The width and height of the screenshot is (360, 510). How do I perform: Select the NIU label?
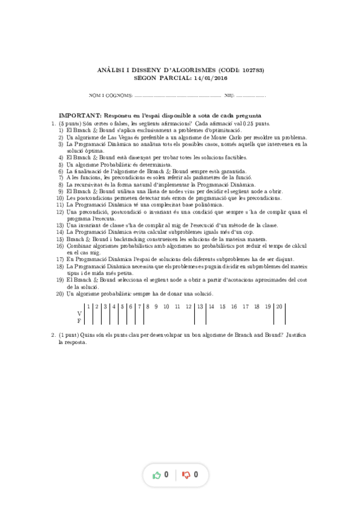pyautogui.click(x=229, y=96)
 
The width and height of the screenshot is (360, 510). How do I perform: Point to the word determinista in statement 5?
pyautogui.click(x=155, y=164)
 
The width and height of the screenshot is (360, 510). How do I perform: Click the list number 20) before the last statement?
pyautogui.click(x=60, y=293)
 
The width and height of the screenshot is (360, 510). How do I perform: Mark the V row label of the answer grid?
pyautogui.click(x=79, y=314)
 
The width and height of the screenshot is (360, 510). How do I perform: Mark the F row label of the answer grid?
pyautogui.click(x=79, y=321)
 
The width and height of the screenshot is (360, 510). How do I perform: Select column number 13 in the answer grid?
pyautogui.click(x=199, y=307)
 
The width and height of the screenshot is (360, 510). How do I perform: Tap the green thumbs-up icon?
pyautogui.click(x=157, y=475)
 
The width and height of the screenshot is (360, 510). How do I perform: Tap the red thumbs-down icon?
pyautogui.click(x=186, y=475)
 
